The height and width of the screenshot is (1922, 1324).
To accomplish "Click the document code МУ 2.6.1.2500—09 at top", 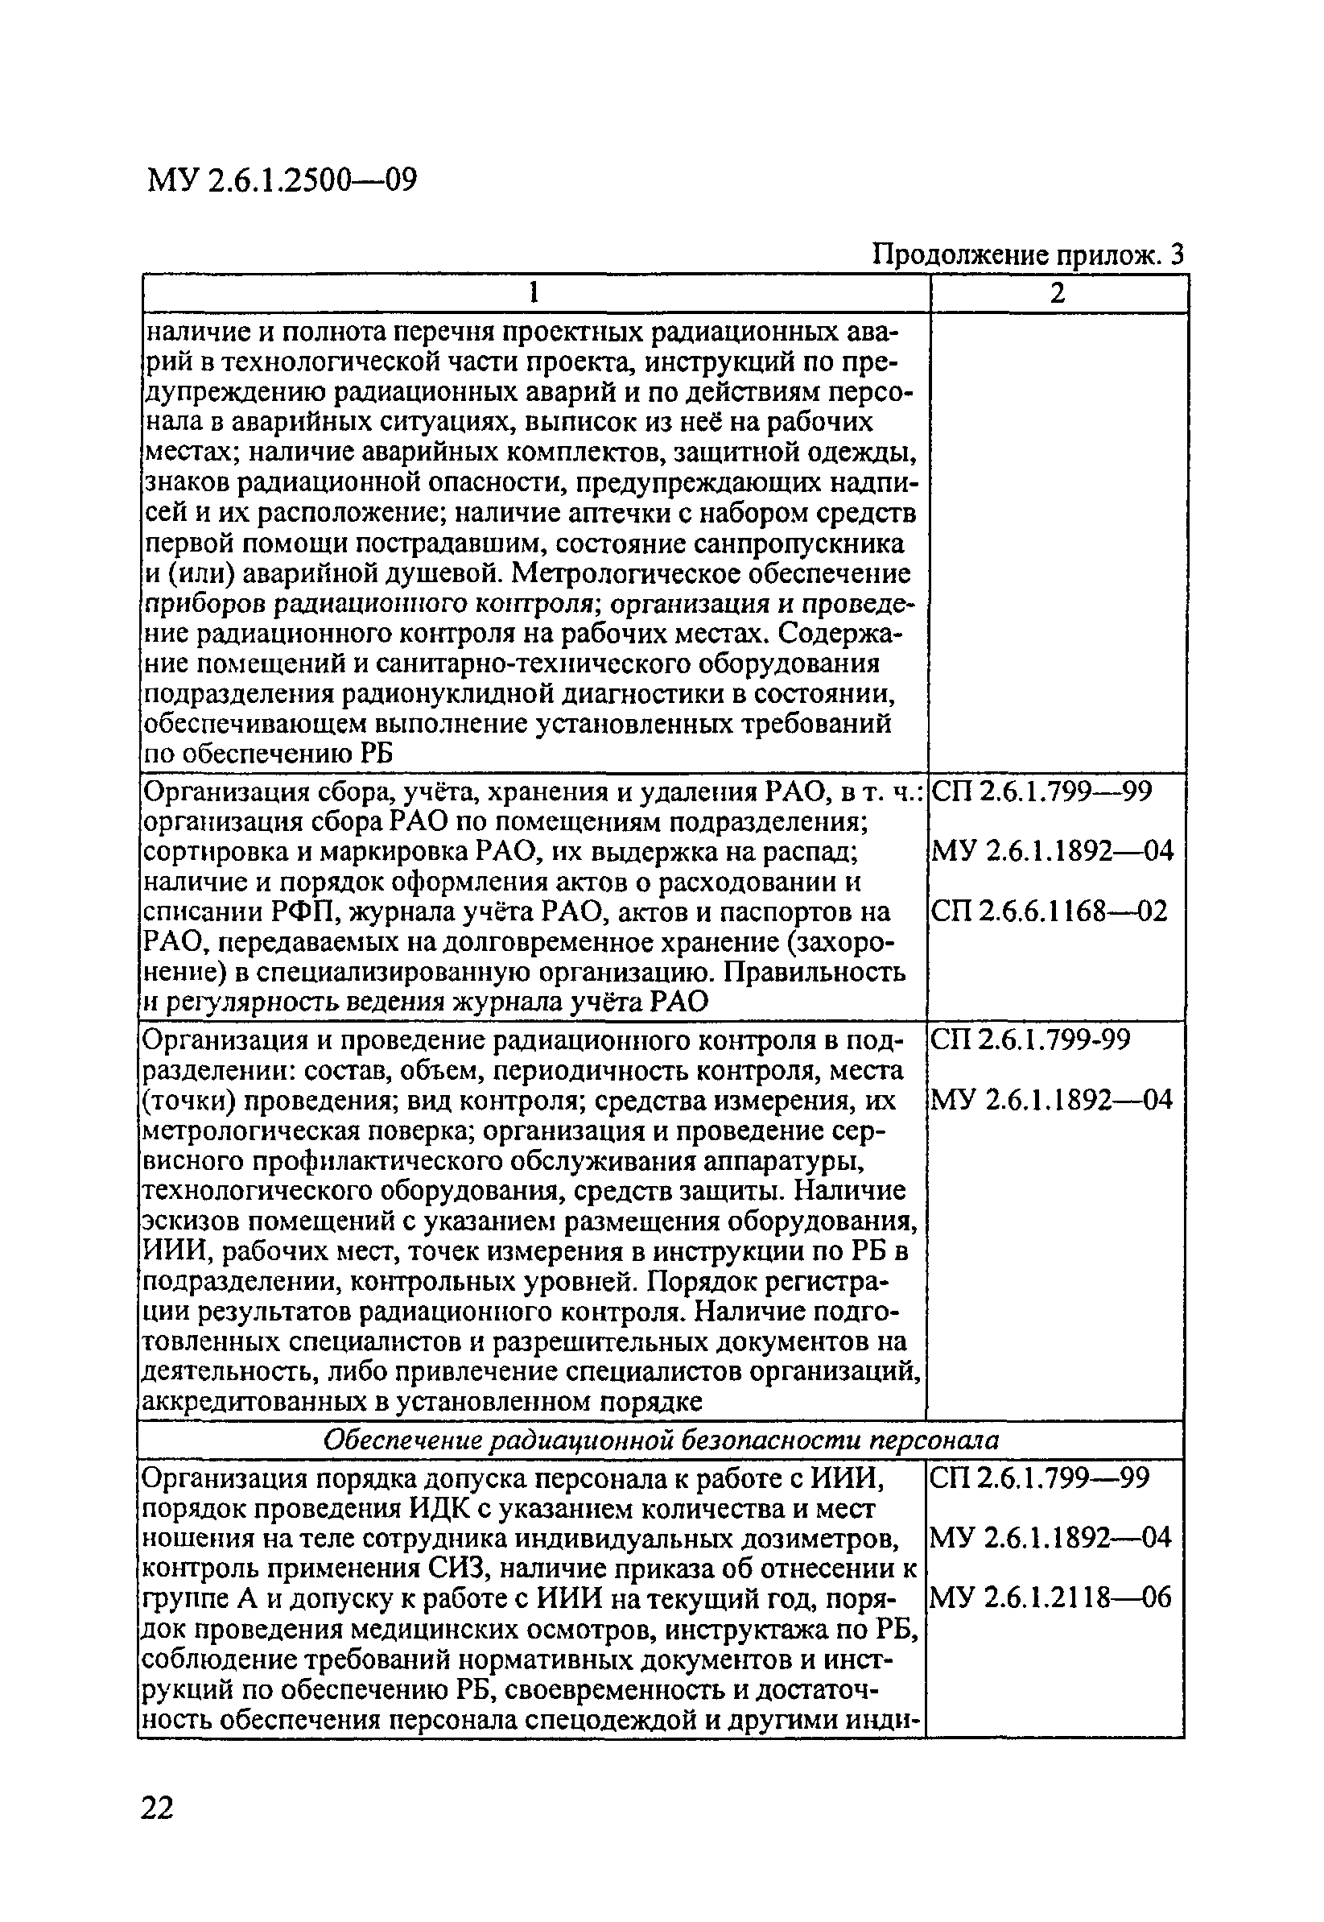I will tap(281, 180).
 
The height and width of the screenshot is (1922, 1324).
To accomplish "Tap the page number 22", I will tap(158, 1807).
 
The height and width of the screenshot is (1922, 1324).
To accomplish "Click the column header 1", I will tap(535, 293).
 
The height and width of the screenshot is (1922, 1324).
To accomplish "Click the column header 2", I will tap(1057, 293).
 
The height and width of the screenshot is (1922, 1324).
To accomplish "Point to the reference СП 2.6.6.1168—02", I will tap(1050, 912).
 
